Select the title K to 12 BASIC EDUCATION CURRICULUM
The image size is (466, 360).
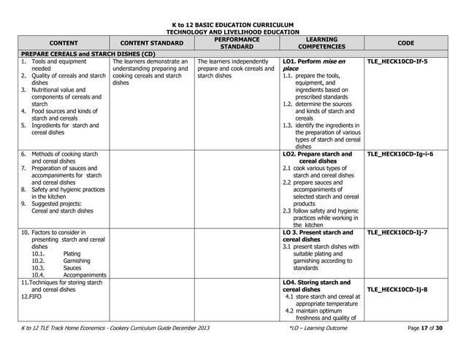233,24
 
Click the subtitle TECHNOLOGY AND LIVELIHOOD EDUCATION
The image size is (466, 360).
233,32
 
